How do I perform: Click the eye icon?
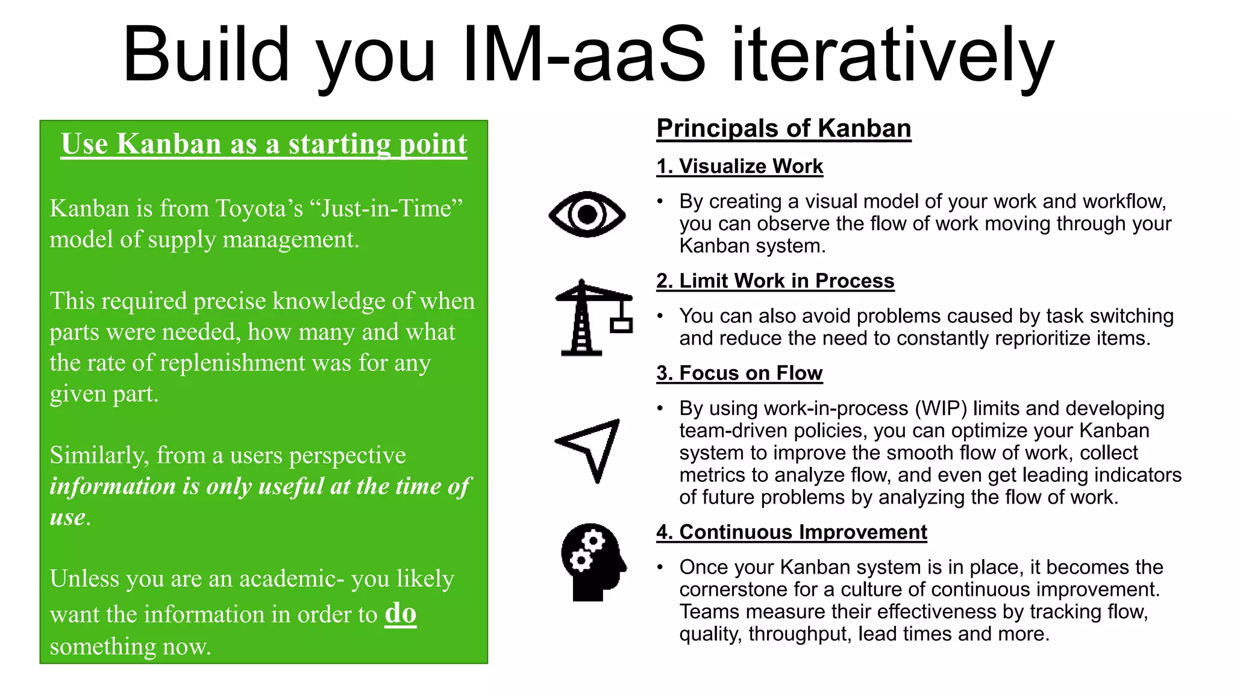[587, 214]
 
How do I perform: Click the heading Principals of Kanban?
[783, 129]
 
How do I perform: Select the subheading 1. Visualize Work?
[739, 166]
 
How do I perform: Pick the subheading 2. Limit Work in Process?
[775, 281]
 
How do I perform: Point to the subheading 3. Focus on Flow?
[739, 373]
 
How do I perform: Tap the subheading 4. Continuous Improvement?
[791, 532]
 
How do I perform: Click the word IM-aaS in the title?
[583, 55]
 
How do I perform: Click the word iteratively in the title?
[892, 55]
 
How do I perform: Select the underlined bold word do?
[401, 613]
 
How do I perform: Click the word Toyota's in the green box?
[259, 208]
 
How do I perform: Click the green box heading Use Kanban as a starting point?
[264, 144]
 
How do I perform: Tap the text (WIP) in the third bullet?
[941, 408]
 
